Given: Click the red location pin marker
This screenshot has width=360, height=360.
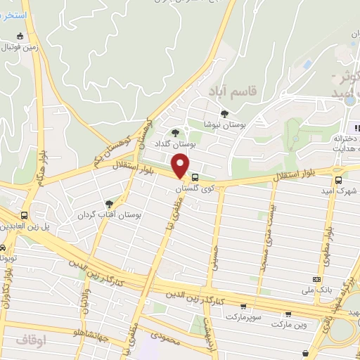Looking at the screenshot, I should click(x=181, y=166).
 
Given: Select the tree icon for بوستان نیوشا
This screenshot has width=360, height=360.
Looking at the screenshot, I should click(x=224, y=113).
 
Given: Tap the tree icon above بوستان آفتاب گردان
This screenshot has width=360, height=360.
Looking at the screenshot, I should click(x=108, y=204).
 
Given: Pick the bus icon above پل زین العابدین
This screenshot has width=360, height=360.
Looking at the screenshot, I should click(x=25, y=215).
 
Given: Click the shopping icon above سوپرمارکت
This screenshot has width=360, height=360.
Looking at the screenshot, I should click(x=243, y=307).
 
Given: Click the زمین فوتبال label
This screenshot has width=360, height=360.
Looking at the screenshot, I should click(x=20, y=48).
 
